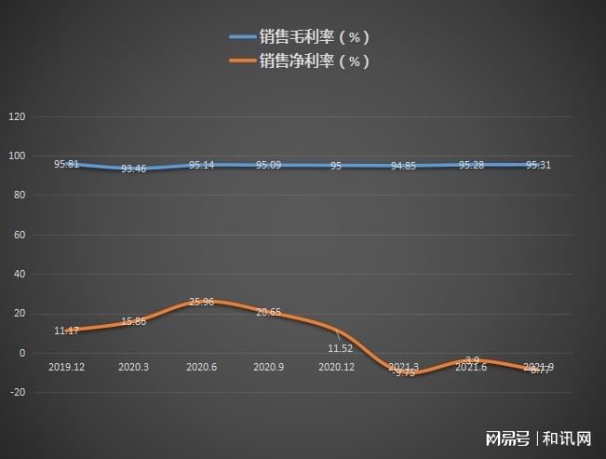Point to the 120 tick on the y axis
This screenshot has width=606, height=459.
16,117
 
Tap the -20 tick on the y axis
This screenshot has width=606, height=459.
17,392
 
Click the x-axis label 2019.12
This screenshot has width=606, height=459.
66,368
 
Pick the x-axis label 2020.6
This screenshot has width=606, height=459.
202,368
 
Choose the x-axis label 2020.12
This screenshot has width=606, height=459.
337,368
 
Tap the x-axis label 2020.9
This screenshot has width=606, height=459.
269,368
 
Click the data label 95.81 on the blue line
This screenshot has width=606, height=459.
66,164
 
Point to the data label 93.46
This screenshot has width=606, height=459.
134,169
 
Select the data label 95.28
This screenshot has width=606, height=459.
471,165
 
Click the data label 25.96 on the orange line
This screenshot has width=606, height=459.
201,302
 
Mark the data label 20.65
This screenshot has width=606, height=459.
269,312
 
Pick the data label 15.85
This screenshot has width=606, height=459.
133,321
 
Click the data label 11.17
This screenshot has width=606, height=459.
66,331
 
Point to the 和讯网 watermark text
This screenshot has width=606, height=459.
568,438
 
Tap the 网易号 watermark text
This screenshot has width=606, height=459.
507,438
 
